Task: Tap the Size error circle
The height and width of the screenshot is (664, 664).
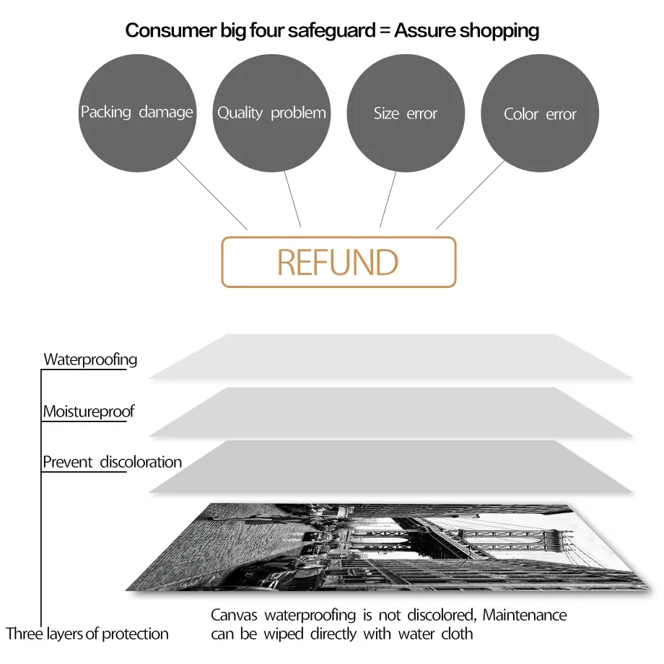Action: click(406, 113)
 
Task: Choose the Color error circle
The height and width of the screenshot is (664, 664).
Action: click(540, 113)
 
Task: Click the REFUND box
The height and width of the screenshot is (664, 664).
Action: click(338, 262)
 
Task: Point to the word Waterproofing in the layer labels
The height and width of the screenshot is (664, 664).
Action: click(90, 359)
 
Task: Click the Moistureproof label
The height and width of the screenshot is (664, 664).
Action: click(88, 411)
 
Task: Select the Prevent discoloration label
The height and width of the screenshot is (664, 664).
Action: click(112, 462)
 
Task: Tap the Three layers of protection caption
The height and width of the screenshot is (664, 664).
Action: click(87, 634)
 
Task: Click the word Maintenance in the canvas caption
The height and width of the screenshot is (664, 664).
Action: click(525, 616)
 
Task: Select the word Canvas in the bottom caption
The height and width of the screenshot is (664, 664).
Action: click(234, 616)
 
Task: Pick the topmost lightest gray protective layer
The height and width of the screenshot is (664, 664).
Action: click(390, 357)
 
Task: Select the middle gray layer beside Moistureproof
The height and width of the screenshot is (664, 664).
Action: click(390, 411)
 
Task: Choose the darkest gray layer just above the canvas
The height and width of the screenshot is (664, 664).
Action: click(390, 467)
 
